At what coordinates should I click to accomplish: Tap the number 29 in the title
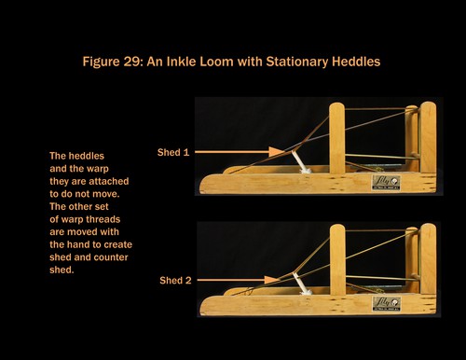point(131,62)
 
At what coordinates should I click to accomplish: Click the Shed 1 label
point(173,152)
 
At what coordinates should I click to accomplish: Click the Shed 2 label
point(175,281)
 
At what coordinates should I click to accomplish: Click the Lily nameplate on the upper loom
point(386,183)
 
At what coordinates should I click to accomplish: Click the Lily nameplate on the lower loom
point(387,304)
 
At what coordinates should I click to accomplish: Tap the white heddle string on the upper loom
point(300,162)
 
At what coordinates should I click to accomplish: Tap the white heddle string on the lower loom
point(302,284)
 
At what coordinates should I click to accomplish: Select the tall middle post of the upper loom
point(337,138)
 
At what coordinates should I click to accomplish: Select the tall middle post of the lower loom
point(337,259)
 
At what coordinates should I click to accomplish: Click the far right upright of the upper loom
point(428,137)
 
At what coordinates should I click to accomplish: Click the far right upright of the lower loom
point(428,258)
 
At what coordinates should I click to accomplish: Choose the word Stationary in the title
point(296,62)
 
